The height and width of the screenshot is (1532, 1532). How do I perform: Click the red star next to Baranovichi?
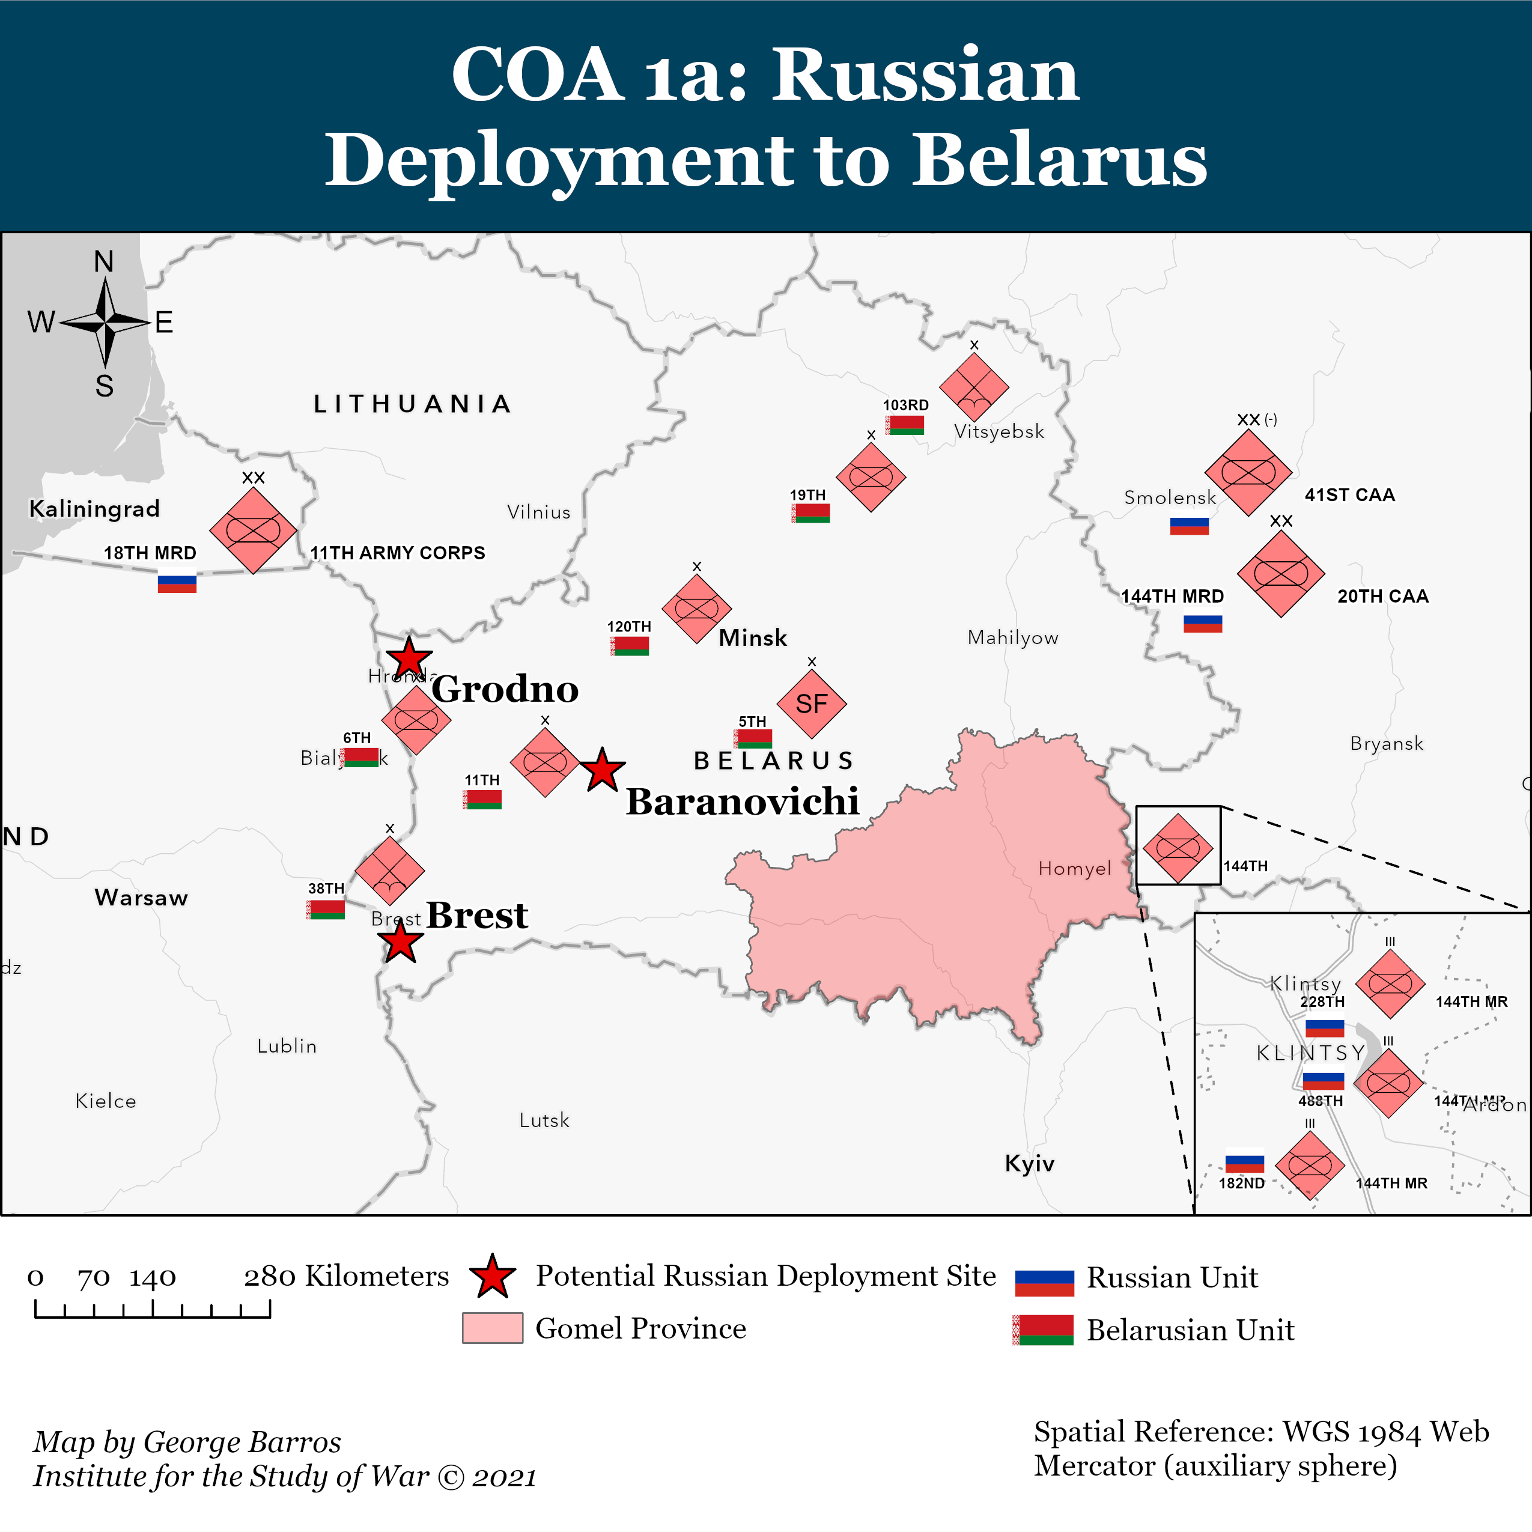[603, 771]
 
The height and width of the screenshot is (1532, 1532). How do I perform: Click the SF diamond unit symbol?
[811, 704]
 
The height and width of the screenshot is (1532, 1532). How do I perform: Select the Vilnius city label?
[538, 512]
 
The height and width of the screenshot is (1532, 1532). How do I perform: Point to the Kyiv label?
[1029, 1163]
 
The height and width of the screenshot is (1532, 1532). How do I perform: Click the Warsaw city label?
[141, 898]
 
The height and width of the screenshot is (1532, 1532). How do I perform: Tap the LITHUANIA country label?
[412, 404]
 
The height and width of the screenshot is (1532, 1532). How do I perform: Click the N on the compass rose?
[104, 262]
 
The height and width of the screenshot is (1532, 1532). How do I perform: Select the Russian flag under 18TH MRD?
[177, 583]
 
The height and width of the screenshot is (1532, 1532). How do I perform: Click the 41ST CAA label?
[1349, 495]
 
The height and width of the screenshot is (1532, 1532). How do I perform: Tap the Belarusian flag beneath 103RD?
[905, 425]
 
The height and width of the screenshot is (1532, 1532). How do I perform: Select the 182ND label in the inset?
[1241, 1183]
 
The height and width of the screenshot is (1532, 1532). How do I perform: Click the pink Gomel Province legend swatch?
[493, 1327]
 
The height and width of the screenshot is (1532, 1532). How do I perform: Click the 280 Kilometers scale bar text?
[345, 1276]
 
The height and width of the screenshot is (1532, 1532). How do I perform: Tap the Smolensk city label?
[1170, 497]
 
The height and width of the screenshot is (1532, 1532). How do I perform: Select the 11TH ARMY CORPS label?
[397, 553]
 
